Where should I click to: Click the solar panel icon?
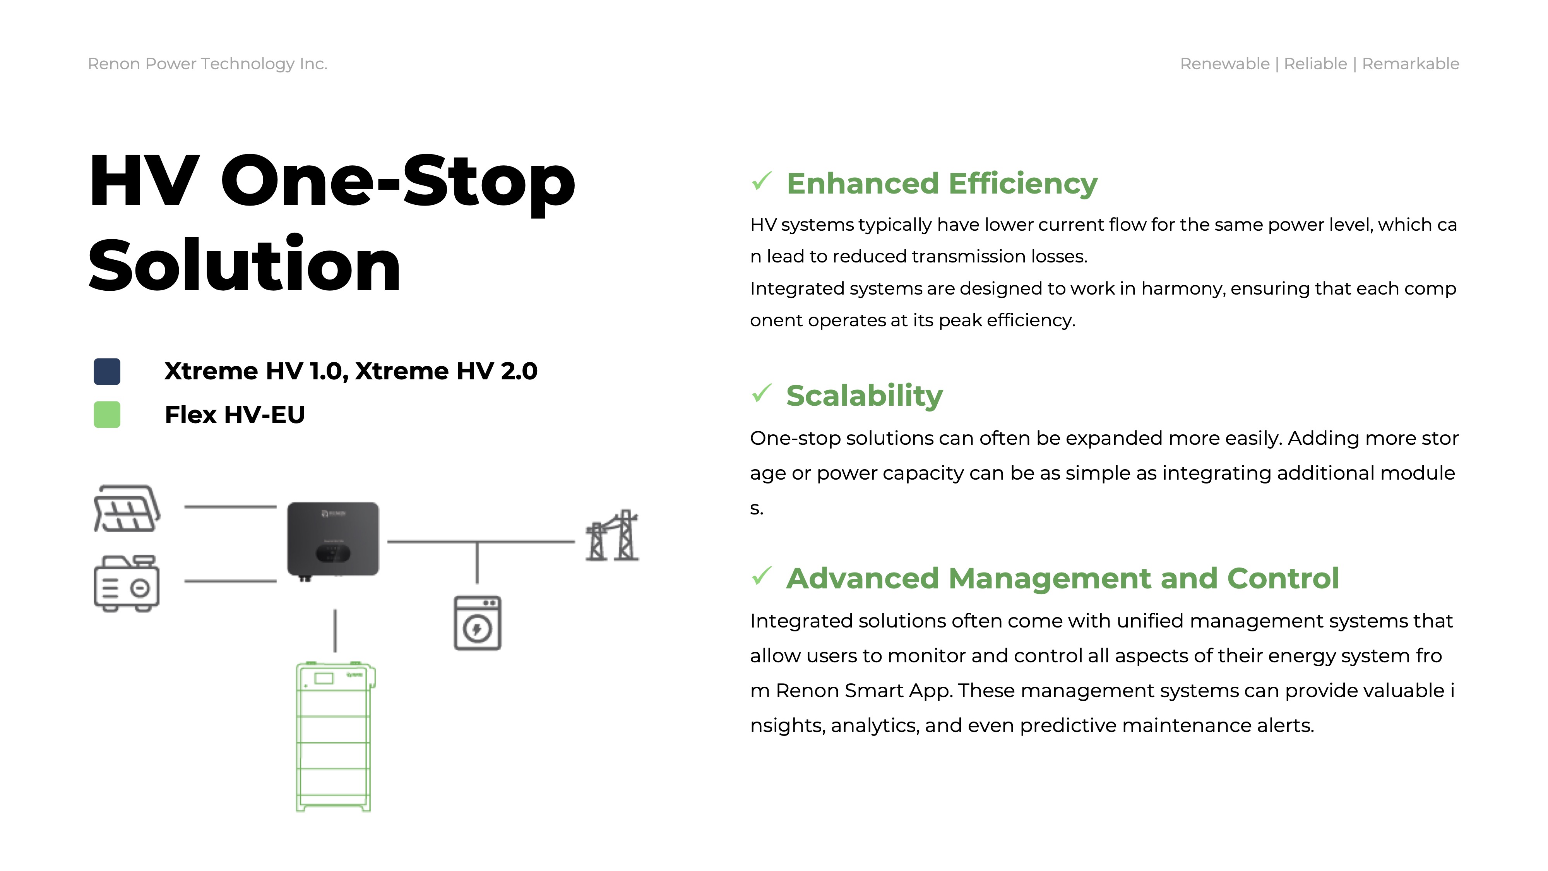click(127, 509)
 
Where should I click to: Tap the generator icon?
click(127, 583)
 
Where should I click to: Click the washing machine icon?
click(478, 623)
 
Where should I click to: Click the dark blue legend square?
click(107, 372)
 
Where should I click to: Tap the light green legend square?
click(107, 415)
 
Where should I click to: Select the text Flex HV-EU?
click(235, 415)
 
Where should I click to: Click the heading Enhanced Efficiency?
click(942, 183)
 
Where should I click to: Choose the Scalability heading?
click(864, 396)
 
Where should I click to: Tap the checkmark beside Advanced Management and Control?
click(761, 576)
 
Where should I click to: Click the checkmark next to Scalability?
click(761, 393)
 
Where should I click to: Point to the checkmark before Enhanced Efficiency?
click(761, 181)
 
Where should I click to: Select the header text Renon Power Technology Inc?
click(208, 64)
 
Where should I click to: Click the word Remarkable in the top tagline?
click(1410, 64)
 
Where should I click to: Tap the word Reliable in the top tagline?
click(1315, 64)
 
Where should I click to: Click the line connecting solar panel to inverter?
click(230, 507)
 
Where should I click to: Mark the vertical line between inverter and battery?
click(335, 631)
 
